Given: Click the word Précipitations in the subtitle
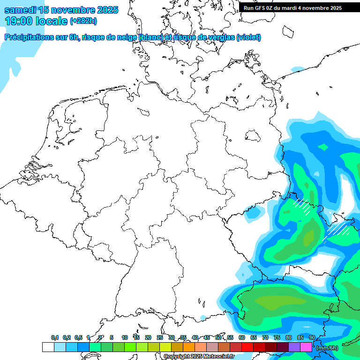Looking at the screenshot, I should click(30, 37).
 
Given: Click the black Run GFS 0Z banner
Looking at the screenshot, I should click(299, 7).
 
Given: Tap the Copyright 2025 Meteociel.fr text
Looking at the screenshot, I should click(199, 356).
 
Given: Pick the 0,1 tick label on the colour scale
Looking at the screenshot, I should click(55, 338).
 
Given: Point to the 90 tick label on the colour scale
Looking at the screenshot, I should click(312, 338).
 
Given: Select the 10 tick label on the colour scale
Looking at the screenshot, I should click(125, 338).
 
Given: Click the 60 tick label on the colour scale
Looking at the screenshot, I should click(242, 338).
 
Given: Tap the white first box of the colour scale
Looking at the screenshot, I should click(48, 347).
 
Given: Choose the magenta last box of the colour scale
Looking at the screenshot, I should click(306, 347).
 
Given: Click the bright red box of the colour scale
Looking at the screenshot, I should click(247, 347).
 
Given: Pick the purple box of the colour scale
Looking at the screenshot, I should click(294, 347).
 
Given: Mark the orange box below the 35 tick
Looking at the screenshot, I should click(189, 347).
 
